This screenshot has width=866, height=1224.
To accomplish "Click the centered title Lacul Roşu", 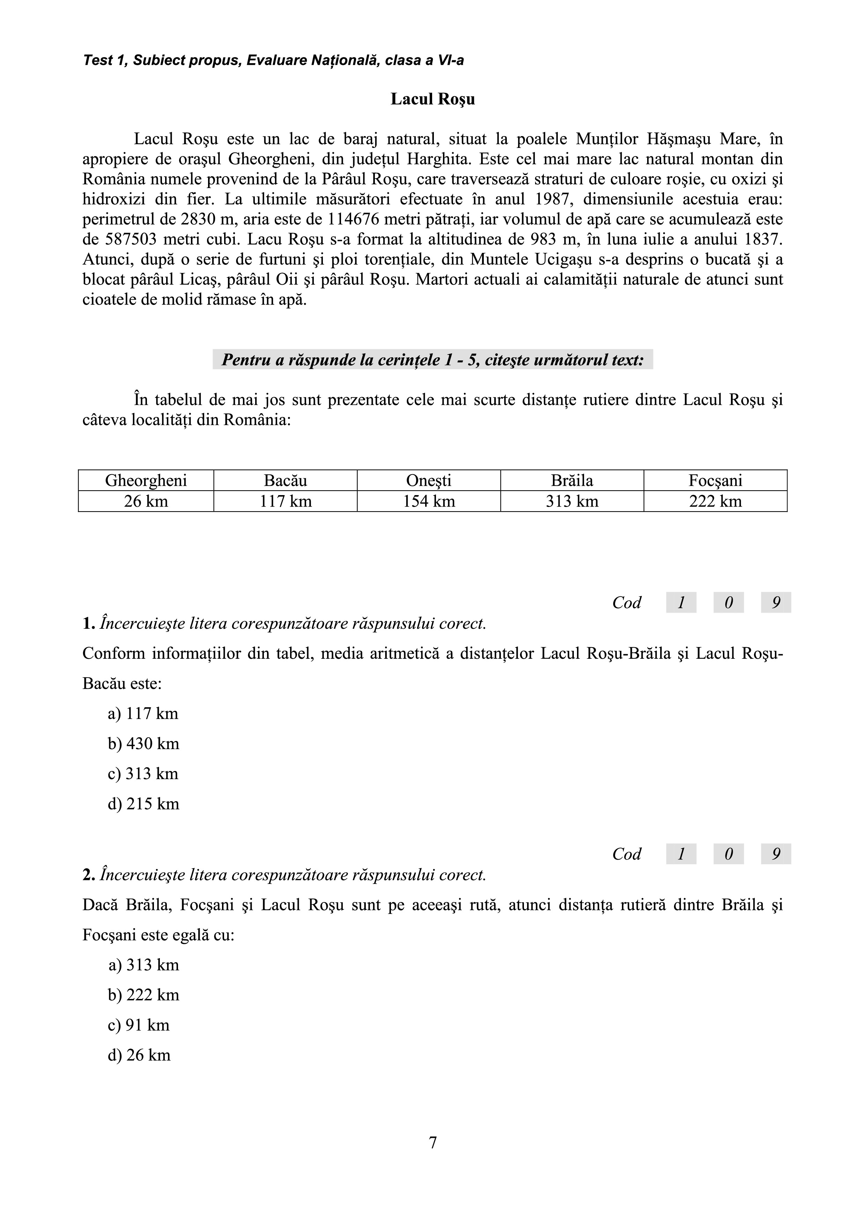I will [432, 99].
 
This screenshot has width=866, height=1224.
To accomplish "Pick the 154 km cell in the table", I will [429, 501].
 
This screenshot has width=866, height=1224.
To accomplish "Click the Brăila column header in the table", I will [572, 480].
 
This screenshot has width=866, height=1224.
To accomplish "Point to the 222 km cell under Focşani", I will [715, 501].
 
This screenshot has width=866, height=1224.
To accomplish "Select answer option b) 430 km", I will [143, 744].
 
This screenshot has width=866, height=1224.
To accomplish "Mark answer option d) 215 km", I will [143, 804].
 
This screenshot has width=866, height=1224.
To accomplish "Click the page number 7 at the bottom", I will [432, 1142].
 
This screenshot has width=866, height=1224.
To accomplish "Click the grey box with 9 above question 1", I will [776, 602].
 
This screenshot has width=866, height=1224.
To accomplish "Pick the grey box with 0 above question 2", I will [728, 854].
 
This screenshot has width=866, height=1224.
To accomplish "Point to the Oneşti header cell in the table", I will [429, 480].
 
